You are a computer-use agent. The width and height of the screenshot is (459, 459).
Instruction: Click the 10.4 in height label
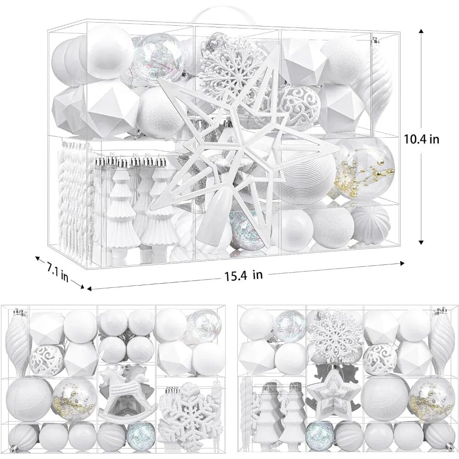coord(421,139)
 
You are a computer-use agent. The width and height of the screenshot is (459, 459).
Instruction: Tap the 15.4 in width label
coord(244,275)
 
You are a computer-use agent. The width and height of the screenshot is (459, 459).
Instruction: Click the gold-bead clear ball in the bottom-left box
coord(75,400)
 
